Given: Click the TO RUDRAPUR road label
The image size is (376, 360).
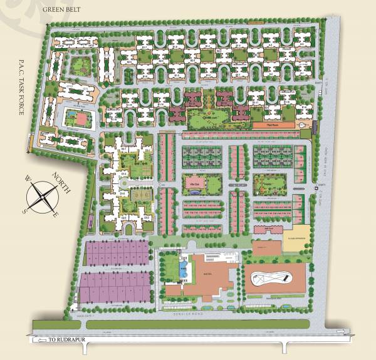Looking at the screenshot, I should (x=71, y=341).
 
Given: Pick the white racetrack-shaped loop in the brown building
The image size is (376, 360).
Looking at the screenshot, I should (x=274, y=277).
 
